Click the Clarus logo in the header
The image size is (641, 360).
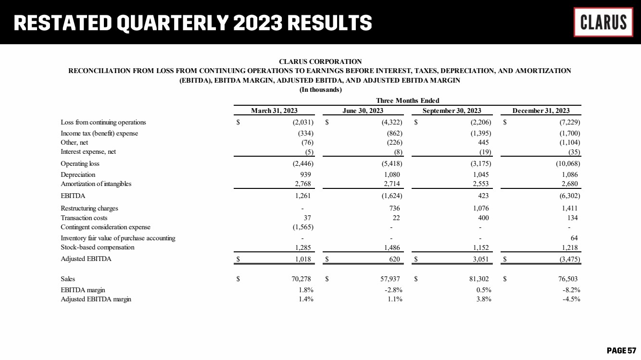pyautogui.click(x=603, y=22)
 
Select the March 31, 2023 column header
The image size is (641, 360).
pyautogui.click(x=274, y=111)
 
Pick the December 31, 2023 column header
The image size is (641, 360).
pyautogui.click(x=540, y=111)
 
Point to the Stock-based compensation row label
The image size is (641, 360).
pyautogui.click(x=97, y=247)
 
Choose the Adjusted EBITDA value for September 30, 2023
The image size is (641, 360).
pyautogui.click(x=481, y=259)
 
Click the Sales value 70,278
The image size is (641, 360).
pyautogui.click(x=303, y=279)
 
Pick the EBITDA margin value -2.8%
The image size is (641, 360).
pyautogui.click(x=392, y=290)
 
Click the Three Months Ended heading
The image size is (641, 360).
pyautogui.click(x=408, y=100)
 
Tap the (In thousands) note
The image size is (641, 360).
pyautogui.click(x=320, y=90)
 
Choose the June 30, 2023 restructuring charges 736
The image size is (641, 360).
pyautogui.click(x=395, y=209)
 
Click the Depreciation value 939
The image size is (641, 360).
pyautogui.click(x=306, y=174)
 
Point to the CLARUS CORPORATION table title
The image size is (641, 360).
pyautogui.click(x=320, y=62)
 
